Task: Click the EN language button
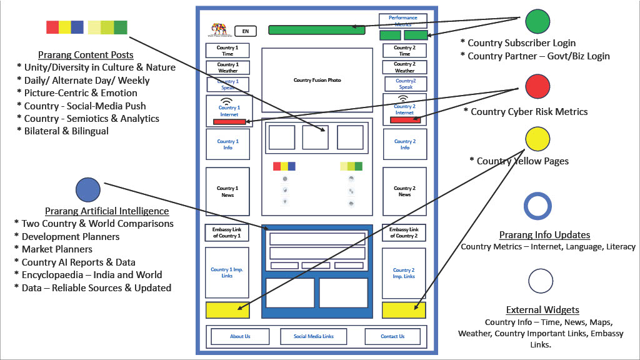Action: (245, 31)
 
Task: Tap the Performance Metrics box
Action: (402, 21)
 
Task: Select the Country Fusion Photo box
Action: (317, 80)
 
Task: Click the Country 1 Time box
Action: (227, 51)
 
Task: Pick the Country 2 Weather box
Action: (404, 67)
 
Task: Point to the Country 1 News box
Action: (227, 191)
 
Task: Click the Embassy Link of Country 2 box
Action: (404, 232)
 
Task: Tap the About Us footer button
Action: (240, 336)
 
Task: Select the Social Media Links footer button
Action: (314, 336)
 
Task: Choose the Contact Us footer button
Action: (392, 336)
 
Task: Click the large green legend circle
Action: (537, 21)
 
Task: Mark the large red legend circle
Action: (537, 86)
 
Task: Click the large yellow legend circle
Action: (537, 139)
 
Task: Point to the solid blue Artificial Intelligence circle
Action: (87, 189)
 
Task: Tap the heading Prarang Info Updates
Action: (544, 235)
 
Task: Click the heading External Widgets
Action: (542, 310)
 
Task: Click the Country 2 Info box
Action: (404, 144)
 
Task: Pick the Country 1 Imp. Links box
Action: (227, 272)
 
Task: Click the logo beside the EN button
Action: (219, 29)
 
